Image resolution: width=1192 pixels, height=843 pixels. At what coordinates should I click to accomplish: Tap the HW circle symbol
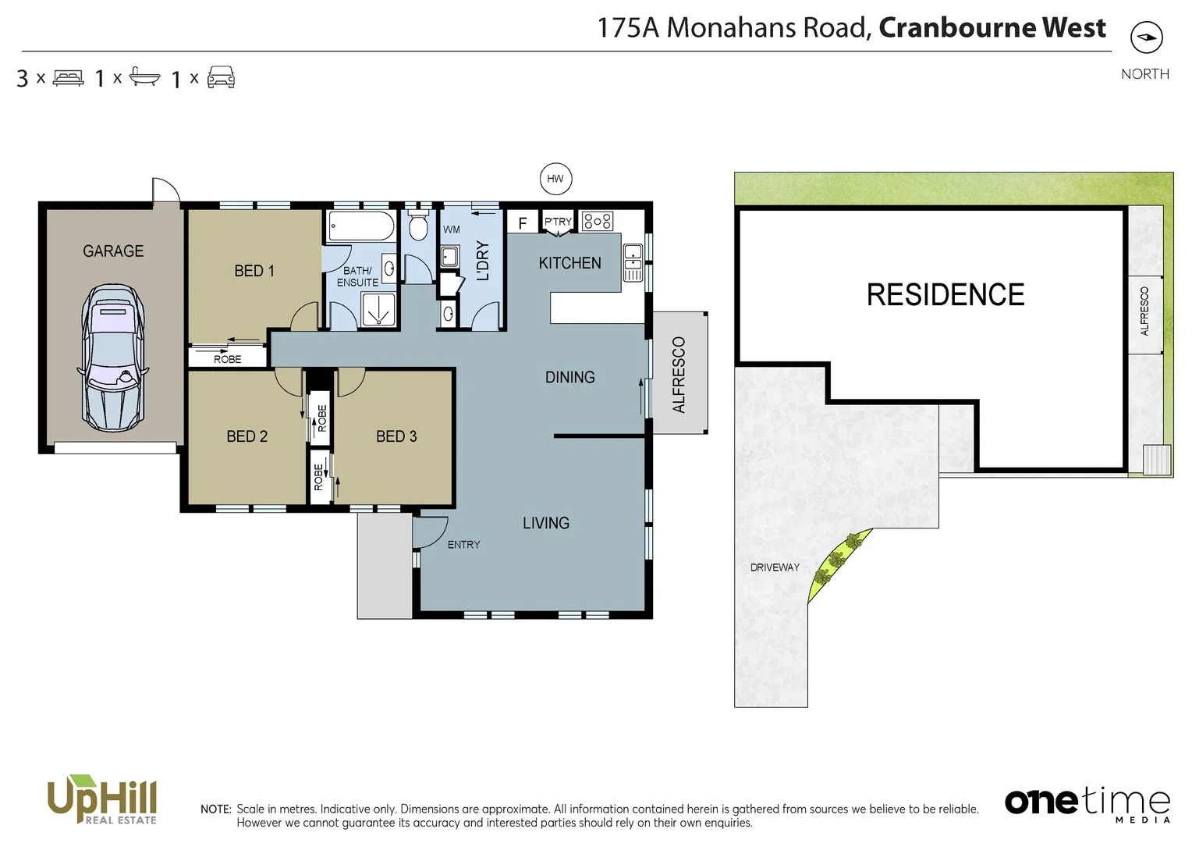(555, 179)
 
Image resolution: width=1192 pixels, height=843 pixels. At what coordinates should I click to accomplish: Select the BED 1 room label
(254, 271)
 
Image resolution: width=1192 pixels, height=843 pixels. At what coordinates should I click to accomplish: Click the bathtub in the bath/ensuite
(361, 226)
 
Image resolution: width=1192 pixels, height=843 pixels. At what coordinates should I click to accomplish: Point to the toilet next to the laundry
(418, 226)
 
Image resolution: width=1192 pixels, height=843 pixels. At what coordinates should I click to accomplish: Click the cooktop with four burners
(598, 221)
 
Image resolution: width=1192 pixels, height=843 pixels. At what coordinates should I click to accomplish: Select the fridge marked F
(523, 223)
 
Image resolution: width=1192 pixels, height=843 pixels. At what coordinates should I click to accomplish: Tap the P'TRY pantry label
(558, 222)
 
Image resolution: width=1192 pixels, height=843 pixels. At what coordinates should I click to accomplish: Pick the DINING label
(569, 377)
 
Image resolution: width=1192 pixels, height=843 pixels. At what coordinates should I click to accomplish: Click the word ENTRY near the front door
(463, 545)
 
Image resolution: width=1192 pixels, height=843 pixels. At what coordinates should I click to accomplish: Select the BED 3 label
(396, 436)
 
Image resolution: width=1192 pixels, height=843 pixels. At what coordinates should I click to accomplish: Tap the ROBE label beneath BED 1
(228, 359)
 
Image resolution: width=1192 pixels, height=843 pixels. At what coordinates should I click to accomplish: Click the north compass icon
(1146, 37)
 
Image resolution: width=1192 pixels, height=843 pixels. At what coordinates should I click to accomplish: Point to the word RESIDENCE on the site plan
(945, 295)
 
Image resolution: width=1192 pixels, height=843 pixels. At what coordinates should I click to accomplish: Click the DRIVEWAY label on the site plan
(775, 567)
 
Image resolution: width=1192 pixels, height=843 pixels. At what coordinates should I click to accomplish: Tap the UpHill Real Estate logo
(102, 799)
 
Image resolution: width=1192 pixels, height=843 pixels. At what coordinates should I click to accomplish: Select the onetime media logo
(1087, 803)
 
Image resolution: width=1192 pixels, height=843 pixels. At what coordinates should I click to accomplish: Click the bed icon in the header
(69, 78)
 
